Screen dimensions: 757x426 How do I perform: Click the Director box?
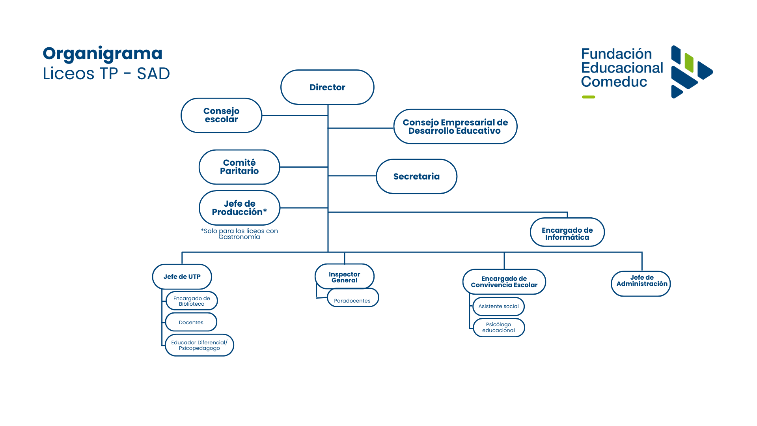327,87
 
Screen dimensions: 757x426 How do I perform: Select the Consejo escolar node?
221,115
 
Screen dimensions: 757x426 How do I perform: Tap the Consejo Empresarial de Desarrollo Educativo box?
455,127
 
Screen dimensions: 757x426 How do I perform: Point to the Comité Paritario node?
239,167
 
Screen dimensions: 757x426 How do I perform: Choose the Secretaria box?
416,176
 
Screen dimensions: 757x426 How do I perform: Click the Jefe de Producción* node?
239,208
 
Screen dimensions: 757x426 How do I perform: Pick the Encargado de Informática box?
567,232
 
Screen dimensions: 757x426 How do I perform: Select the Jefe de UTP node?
182,277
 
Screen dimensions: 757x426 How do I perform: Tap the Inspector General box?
345,277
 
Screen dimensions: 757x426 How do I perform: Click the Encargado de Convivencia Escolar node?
504,282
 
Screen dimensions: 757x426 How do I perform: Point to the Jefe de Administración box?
641,284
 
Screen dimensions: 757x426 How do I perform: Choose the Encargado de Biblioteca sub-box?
192,301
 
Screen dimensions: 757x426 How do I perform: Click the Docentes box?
191,322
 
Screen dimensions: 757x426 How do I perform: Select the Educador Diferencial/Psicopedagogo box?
200,345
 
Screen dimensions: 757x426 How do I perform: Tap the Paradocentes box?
353,298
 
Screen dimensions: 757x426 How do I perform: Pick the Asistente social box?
499,306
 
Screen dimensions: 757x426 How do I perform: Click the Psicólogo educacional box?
499,327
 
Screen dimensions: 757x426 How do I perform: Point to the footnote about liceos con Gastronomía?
239,234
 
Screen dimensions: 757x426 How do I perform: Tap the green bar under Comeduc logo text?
589,97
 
